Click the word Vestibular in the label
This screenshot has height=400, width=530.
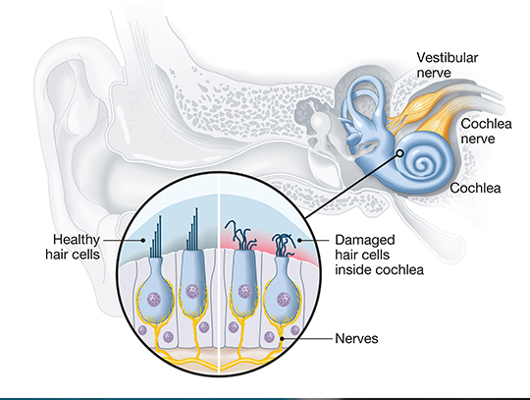click(448, 58)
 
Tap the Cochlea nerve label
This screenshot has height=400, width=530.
click(486, 132)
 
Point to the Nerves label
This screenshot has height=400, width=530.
click(356, 338)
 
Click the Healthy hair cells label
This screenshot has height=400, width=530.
click(73, 247)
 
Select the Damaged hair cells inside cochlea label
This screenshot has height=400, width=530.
click(379, 255)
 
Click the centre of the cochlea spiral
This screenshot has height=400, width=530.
click(422, 165)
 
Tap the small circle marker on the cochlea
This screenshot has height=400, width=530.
click(400, 153)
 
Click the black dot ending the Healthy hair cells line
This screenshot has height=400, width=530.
click(143, 240)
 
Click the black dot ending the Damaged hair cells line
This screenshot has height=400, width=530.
click(299, 240)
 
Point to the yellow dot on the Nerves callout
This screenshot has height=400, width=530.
click(283, 338)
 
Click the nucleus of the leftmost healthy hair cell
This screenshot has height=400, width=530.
click(155, 299)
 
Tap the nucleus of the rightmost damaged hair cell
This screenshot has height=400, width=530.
click(284, 299)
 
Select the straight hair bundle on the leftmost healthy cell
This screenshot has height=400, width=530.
click(156, 237)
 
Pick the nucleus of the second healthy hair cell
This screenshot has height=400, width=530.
click(192, 291)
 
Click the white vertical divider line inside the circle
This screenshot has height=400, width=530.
click(219, 273)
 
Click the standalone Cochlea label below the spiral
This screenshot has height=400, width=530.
click(475, 188)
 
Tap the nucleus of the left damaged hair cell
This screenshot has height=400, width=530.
click(243, 291)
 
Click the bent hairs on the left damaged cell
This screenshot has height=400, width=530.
click(240, 235)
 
